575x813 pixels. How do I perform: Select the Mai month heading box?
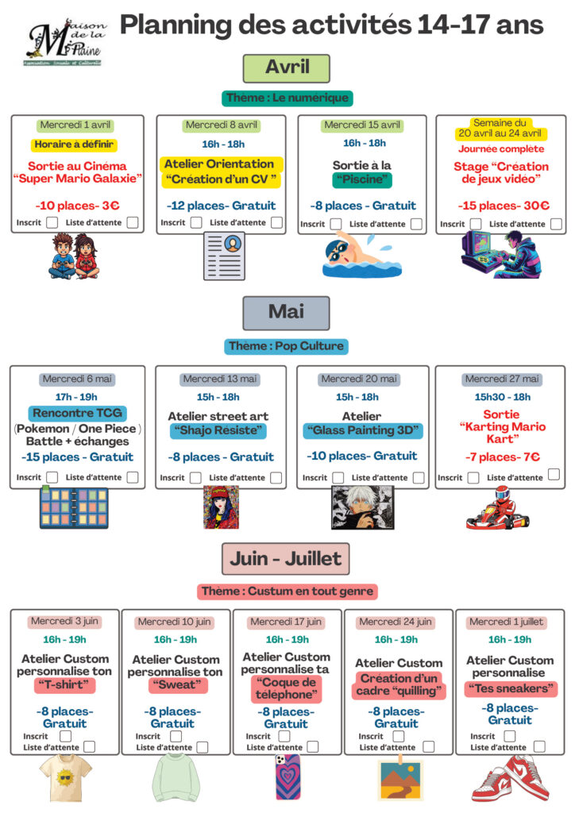[x=286, y=312]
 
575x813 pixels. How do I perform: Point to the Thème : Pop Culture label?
[x=286, y=346]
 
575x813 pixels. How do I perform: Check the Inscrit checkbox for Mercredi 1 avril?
[x=52, y=222]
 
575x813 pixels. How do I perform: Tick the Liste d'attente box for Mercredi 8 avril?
[x=276, y=222]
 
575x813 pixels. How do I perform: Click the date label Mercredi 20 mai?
[x=359, y=380]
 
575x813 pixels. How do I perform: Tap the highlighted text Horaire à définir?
[x=75, y=144]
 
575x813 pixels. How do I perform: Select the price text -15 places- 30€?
[x=504, y=206]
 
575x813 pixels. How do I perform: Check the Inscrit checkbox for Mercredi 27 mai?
[x=473, y=477]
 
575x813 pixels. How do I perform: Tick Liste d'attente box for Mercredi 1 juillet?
[x=540, y=746]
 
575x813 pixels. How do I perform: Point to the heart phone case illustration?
[x=287, y=776]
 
